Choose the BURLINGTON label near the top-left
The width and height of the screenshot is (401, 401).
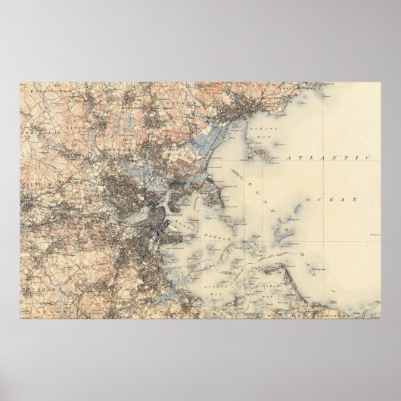[x=44, y=88]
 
